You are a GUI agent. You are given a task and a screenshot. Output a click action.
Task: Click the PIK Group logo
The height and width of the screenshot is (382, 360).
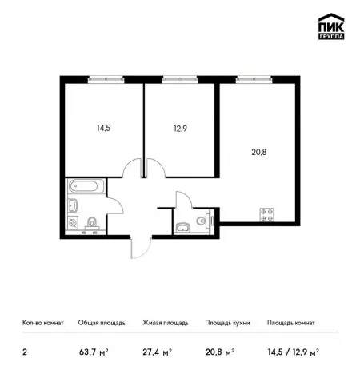tap(331, 26)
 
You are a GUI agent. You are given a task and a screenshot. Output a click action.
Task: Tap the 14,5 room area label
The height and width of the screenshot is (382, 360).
tap(103, 129)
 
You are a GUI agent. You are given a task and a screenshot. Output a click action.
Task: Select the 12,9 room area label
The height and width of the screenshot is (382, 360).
tap(180, 129)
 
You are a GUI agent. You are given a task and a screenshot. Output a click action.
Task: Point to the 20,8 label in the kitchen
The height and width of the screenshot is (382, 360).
tap(259, 152)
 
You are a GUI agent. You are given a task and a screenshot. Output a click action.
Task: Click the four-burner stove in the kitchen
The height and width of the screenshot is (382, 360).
tap(267, 214)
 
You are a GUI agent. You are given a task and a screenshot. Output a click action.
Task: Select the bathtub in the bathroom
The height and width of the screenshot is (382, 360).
tap(83, 186)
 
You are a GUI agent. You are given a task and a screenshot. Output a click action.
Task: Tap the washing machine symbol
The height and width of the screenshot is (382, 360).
tap(73, 222)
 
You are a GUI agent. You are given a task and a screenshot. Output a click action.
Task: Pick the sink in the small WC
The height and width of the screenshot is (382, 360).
tap(182, 228)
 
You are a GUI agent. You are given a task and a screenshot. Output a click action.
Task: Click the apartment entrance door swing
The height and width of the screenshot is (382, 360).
tap(141, 248)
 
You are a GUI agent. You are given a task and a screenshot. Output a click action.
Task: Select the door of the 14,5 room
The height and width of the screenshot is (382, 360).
tap(132, 168)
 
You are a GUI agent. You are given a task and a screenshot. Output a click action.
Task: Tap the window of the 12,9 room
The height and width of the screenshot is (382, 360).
tap(180, 79)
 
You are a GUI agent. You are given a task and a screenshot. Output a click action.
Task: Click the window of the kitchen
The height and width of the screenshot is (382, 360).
tap(254, 79)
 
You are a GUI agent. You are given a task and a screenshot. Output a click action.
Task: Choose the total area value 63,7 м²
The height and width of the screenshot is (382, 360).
tap(94, 352)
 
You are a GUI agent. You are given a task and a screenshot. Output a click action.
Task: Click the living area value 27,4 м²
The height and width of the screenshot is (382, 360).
tap(157, 352)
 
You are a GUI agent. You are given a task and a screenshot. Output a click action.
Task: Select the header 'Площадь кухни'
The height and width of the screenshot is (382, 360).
tap(227, 323)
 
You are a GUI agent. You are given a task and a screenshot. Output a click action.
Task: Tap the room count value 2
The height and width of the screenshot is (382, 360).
tap(25, 352)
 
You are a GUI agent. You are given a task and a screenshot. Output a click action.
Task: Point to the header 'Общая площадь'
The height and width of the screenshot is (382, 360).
tap(102, 323)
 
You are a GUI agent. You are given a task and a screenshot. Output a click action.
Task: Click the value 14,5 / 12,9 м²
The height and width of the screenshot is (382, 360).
tap(294, 352)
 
